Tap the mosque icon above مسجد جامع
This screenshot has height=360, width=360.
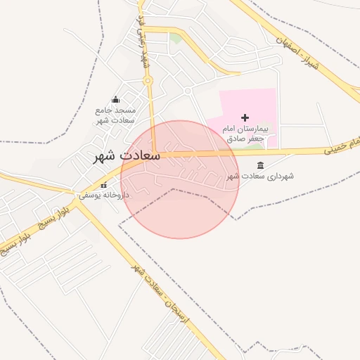coord(116,100)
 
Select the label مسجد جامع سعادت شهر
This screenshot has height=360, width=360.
coord(116,115)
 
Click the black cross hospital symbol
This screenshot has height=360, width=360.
coord(245,117)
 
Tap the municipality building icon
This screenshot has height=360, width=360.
coord(261,165)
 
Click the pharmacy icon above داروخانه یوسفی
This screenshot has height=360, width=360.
coord(104,186)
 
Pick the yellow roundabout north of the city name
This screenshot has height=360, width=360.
coord(148,82)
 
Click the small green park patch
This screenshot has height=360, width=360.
coord(175,37)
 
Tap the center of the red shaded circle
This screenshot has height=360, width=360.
coord(180,179)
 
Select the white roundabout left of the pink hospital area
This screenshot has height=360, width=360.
coord(188,91)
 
